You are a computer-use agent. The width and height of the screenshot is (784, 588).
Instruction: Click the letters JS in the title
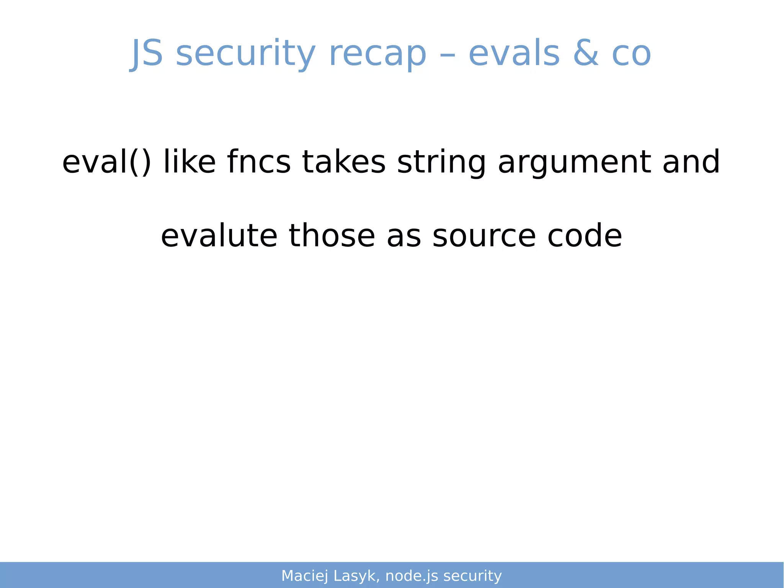(x=147, y=54)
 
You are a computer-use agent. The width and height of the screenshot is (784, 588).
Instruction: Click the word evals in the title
(x=514, y=54)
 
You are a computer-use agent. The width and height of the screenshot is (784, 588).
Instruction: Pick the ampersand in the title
(x=586, y=54)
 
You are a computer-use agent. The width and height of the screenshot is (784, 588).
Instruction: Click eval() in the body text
(x=106, y=162)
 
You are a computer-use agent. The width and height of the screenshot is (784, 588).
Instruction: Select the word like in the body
(x=189, y=161)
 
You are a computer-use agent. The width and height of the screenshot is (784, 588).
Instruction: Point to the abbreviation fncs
(x=259, y=161)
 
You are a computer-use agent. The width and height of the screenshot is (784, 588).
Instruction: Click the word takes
(x=343, y=161)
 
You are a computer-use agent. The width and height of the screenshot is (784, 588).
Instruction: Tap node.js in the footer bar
(x=412, y=576)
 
